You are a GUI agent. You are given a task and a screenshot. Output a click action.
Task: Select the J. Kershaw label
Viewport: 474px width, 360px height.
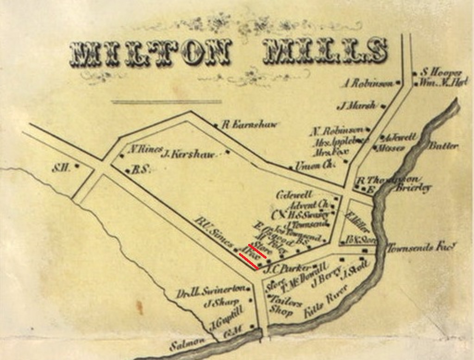[188, 154]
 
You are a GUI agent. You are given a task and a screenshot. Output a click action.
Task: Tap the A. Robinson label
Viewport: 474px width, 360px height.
[368, 84]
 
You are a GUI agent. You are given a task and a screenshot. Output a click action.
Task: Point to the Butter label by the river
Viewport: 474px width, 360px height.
[443, 146]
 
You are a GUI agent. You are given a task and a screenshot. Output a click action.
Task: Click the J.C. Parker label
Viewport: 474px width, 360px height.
[287, 268]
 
